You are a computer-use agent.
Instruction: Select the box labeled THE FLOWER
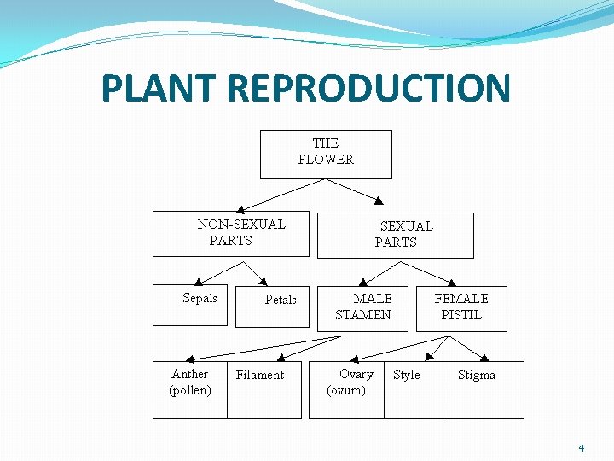pyautogui.click(x=326, y=154)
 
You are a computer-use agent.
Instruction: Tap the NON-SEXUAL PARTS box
pyautogui.click(x=230, y=233)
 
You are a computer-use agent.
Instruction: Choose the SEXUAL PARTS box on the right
pyautogui.click(x=395, y=235)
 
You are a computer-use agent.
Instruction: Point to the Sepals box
pyautogui.click(x=191, y=305)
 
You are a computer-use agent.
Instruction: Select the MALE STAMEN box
pyautogui.click(x=363, y=307)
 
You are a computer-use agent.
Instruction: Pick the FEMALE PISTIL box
pyautogui.click(x=461, y=307)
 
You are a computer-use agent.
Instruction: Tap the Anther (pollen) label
pyautogui.click(x=190, y=382)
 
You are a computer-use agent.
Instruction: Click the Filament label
pyautogui.click(x=260, y=375)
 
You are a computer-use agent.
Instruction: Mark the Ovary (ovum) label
pyautogui.click(x=346, y=382)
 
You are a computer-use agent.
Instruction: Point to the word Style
pyautogui.click(x=407, y=375)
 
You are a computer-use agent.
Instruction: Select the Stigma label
pyautogui.click(x=477, y=375)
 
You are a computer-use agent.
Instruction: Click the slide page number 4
pyautogui.click(x=581, y=447)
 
